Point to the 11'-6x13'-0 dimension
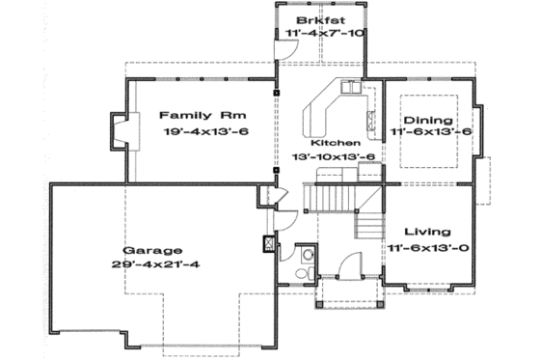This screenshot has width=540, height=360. point(430,248)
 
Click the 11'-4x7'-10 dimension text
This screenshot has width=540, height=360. point(325,34)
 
